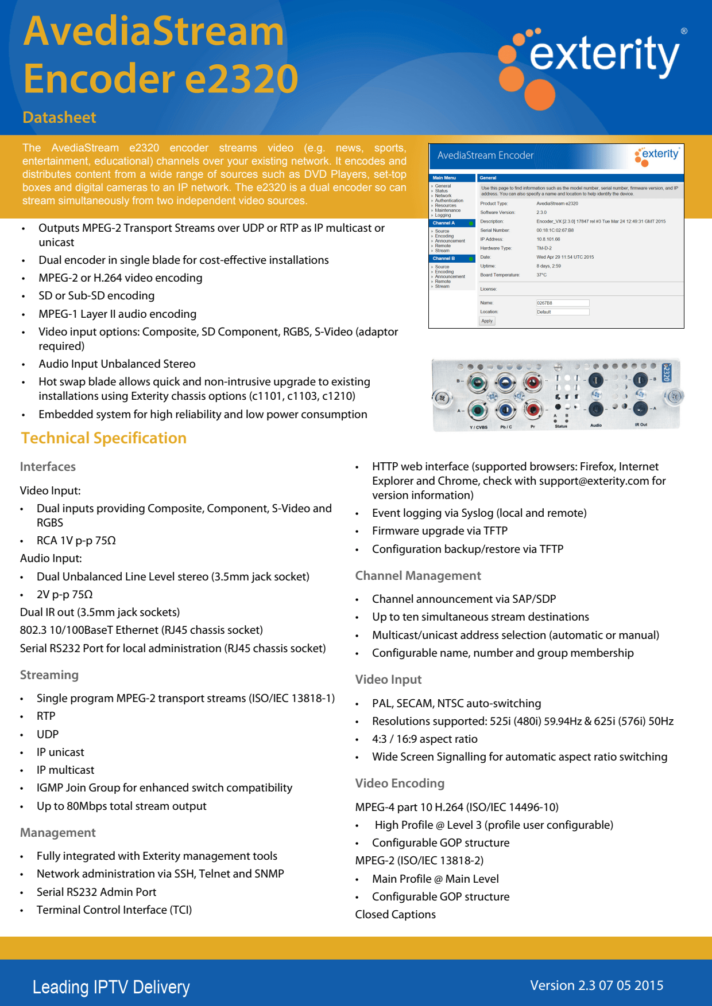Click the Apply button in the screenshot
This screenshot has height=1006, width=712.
click(487, 321)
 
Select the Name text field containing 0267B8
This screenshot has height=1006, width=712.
click(562, 303)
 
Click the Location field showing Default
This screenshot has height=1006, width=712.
click(562, 312)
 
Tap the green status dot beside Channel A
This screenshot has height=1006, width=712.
click(471, 223)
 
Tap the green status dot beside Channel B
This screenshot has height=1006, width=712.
click(471, 259)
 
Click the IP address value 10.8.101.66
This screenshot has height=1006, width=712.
click(548, 239)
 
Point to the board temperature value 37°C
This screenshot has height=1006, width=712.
click(541, 275)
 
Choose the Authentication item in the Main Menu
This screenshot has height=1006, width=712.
click(448, 201)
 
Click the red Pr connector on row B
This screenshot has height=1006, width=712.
click(532, 382)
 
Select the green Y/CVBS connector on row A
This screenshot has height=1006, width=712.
click(478, 410)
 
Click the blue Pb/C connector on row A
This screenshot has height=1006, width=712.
click(505, 410)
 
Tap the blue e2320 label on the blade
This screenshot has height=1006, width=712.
click(667, 373)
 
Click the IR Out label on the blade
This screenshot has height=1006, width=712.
click(641, 425)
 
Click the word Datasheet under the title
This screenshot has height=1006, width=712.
click(59, 118)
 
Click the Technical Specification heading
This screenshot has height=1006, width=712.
click(104, 438)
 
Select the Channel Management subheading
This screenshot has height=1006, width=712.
click(418, 576)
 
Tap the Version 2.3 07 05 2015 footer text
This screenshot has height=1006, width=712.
click(597, 985)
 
